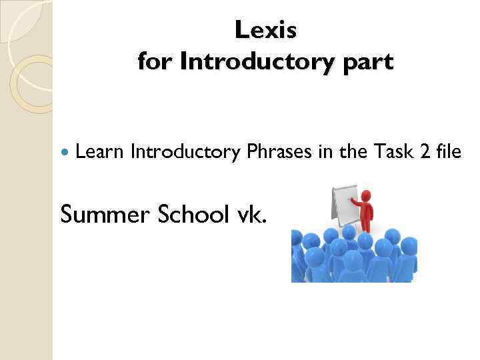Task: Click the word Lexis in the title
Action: point(265,30)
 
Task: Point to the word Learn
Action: point(100,152)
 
